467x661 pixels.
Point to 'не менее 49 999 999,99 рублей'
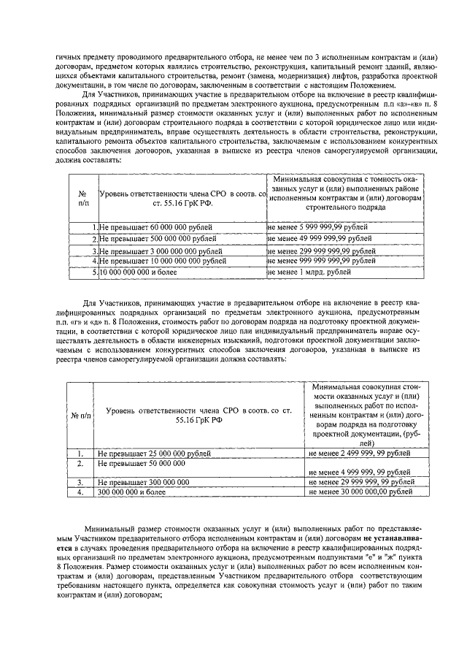(x=320, y=239)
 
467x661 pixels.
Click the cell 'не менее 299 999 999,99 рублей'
(x=322, y=251)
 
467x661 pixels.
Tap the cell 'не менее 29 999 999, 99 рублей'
(x=360, y=483)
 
